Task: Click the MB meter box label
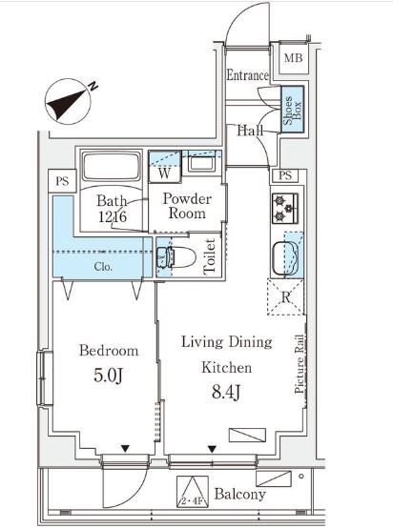click(293, 58)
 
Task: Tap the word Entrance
click(247, 75)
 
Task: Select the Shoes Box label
click(293, 110)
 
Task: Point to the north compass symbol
click(71, 101)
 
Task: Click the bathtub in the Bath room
click(112, 167)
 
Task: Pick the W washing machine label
click(164, 173)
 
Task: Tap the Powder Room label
click(187, 206)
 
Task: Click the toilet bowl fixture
click(176, 257)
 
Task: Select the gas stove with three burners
click(285, 209)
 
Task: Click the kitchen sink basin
click(286, 258)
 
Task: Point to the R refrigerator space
click(285, 297)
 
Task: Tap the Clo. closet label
click(103, 267)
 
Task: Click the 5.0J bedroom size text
click(108, 376)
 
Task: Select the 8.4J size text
click(226, 392)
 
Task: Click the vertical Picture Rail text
click(300, 364)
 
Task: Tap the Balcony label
click(240, 495)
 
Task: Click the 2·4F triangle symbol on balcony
click(193, 492)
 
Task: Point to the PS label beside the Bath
click(62, 181)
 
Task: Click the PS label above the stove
click(285, 175)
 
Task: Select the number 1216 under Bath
click(113, 216)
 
